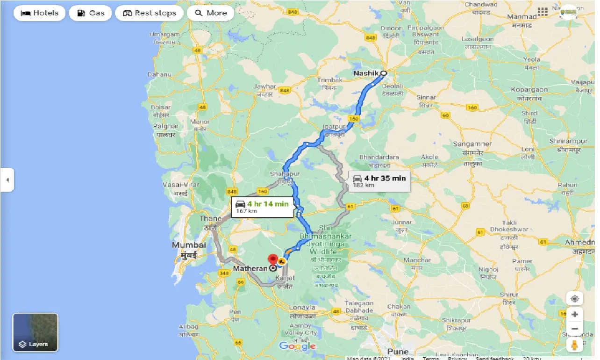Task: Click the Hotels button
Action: (x=40, y=13)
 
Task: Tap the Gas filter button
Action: (x=90, y=13)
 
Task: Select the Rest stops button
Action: (x=150, y=13)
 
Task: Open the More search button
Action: (x=210, y=13)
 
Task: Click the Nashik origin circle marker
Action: (x=384, y=73)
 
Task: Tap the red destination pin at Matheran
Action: (x=272, y=260)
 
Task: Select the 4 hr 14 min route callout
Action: (x=262, y=206)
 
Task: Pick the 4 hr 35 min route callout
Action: (x=379, y=180)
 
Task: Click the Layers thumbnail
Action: (x=36, y=332)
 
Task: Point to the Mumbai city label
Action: (x=189, y=245)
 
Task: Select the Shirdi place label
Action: (x=529, y=113)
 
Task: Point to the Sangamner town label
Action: (x=472, y=144)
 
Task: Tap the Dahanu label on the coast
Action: (x=159, y=74)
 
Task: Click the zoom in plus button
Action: (x=574, y=315)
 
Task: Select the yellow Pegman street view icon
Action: (x=574, y=345)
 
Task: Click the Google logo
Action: (x=297, y=346)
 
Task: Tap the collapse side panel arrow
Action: (x=7, y=180)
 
